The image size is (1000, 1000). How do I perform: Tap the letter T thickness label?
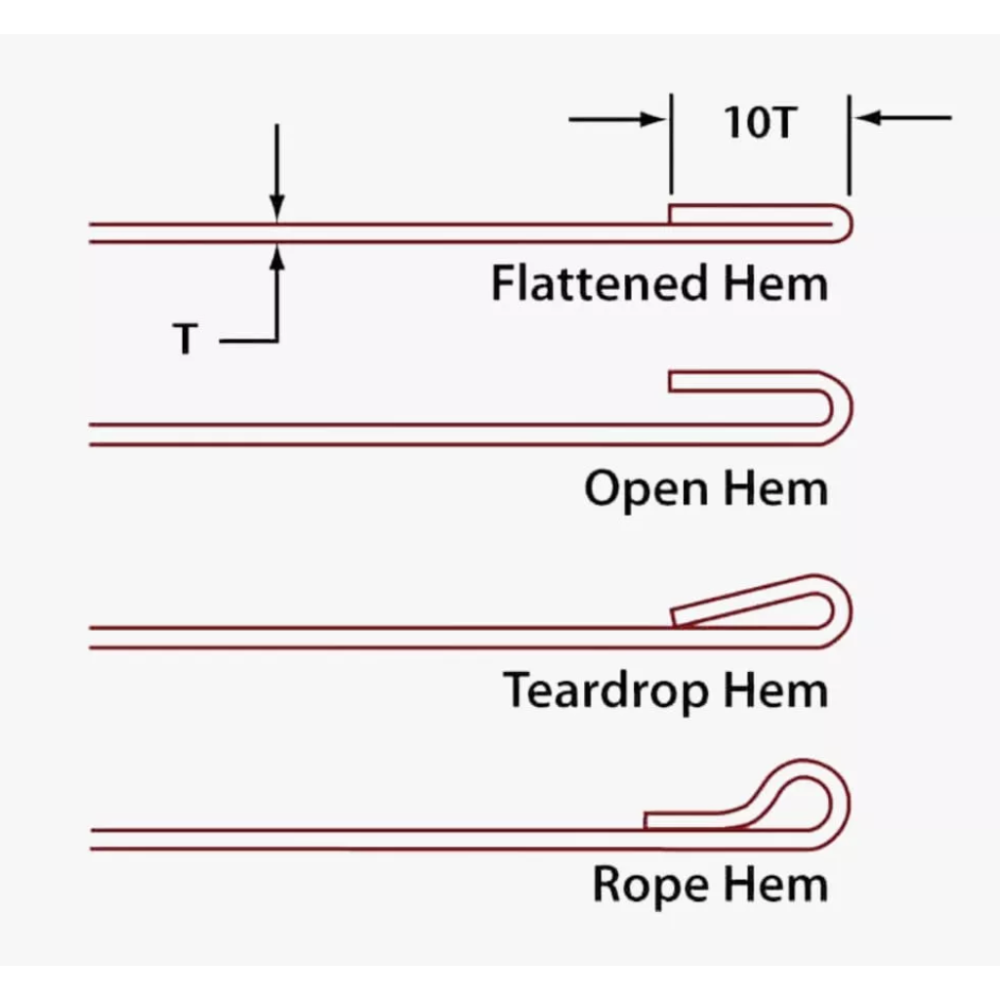[186, 340]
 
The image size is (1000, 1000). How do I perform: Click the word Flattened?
[599, 284]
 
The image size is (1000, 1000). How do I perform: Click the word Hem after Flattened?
[776, 284]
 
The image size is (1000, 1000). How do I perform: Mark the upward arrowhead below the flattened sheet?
[277, 256]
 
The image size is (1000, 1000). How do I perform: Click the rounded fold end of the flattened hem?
[847, 224]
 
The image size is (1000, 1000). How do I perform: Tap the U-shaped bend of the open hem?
[841, 408]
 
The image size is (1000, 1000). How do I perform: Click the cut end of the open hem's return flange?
[671, 382]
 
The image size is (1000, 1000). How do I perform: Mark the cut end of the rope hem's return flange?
[646, 820]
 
